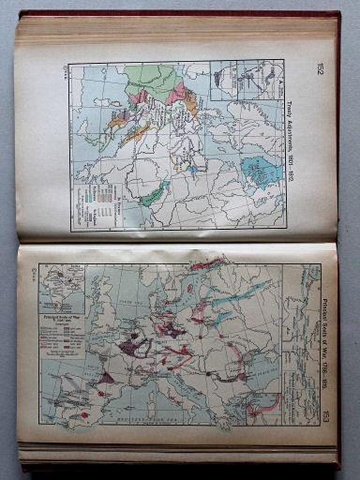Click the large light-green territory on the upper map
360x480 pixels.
(x=159, y=81)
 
